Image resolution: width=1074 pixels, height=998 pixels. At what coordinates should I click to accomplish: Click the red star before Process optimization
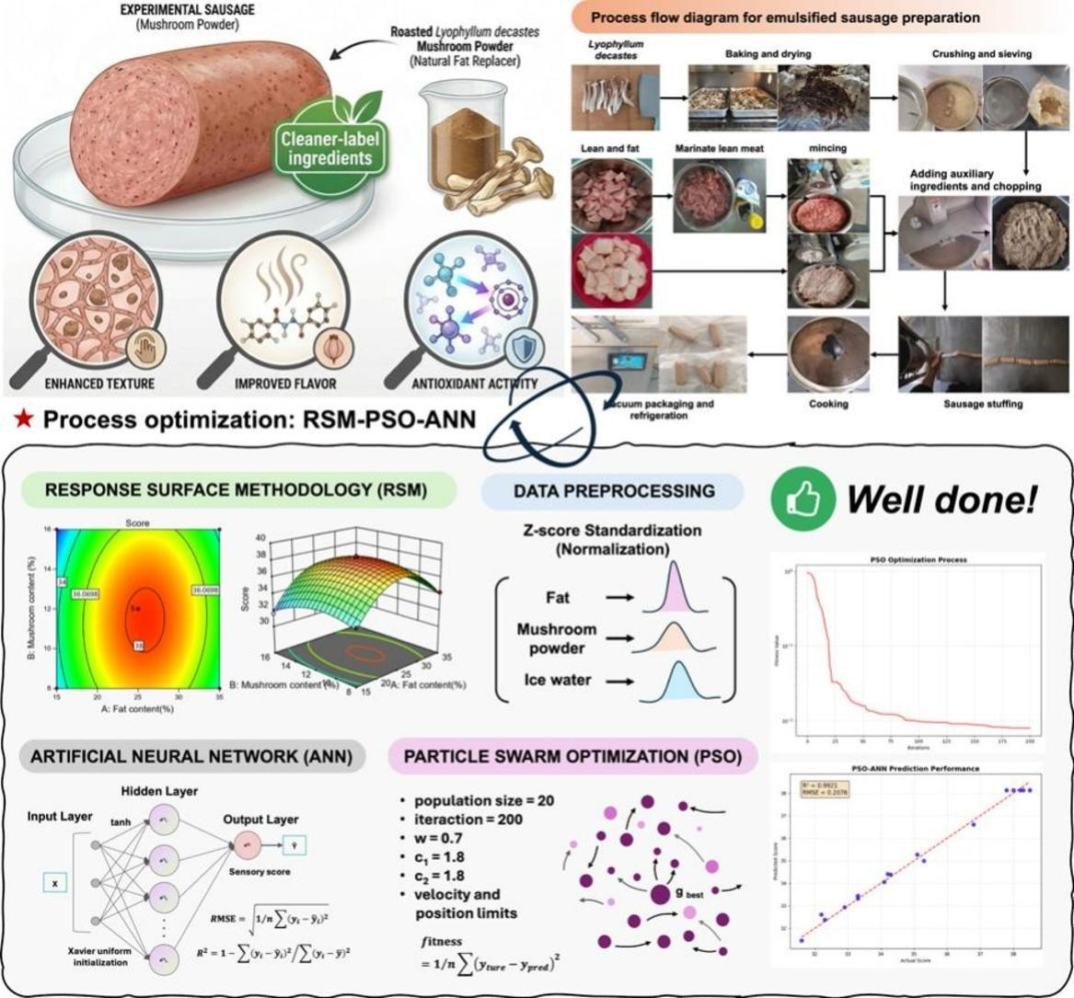tap(24, 420)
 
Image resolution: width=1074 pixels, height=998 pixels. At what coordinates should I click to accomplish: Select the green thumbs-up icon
tap(797, 499)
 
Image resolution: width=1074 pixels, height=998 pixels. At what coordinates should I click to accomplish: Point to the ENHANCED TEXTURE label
tap(99, 383)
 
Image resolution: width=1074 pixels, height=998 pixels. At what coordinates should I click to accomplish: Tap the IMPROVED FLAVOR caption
tap(285, 384)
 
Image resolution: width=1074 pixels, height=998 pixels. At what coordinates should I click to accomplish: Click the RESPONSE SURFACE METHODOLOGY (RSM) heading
tap(236, 490)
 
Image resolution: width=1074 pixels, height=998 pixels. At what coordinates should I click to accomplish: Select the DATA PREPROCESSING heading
tap(614, 491)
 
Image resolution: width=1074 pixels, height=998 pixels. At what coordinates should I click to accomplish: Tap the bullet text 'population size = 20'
tap(483, 800)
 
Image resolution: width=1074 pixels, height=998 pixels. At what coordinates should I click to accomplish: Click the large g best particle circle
tap(660, 893)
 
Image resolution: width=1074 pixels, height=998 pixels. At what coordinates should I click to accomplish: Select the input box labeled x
tap(56, 883)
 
